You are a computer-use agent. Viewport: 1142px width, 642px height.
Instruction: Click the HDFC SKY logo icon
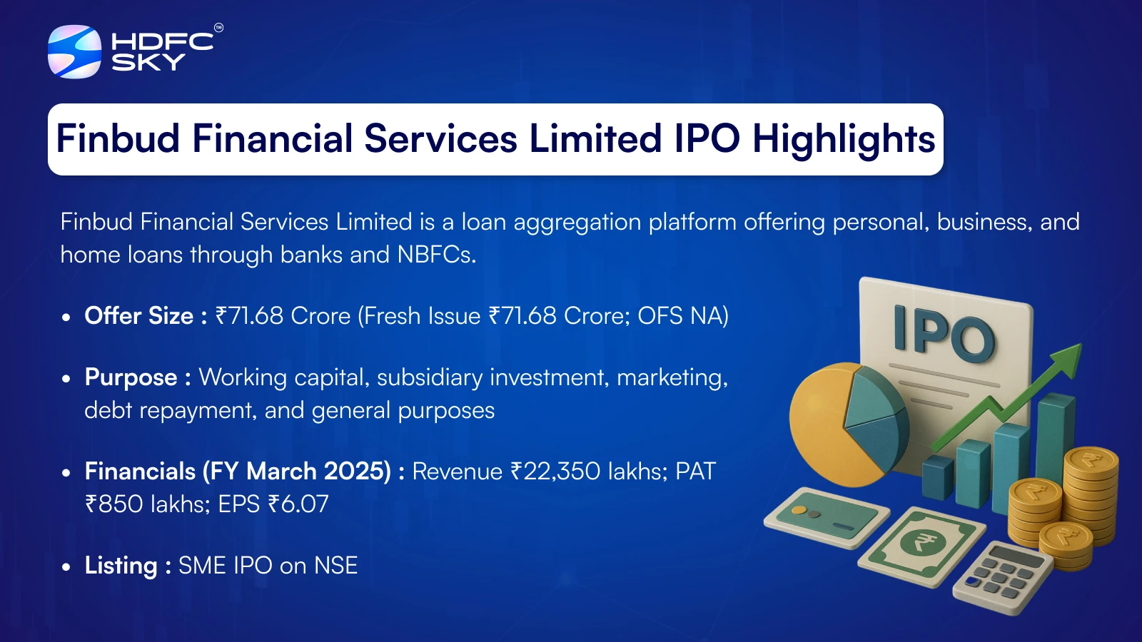coord(74,51)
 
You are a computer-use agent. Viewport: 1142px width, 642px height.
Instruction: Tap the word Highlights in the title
coord(844,139)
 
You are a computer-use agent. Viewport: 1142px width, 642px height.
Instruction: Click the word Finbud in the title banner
coord(118,138)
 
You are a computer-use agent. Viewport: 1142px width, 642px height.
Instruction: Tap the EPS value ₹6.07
coord(298,504)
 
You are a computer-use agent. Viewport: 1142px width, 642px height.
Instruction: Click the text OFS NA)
coord(683,316)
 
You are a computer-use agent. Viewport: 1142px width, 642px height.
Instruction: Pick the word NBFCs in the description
coord(436,254)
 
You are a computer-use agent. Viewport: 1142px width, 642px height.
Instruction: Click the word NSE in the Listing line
coord(336,566)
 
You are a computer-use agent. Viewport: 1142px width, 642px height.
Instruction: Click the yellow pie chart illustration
coord(847,424)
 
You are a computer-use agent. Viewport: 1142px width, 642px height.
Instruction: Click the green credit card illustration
coord(826,517)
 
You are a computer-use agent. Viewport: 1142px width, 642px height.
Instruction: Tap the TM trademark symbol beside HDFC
coord(218,28)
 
